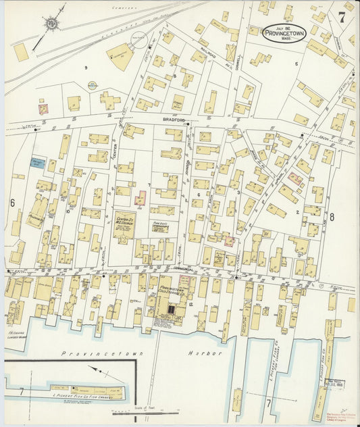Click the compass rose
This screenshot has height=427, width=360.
pyautogui.click(x=50, y=25)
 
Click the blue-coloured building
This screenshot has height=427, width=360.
pyautogui.click(x=38, y=162)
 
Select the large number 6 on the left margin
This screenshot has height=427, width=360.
pyautogui.click(x=12, y=203)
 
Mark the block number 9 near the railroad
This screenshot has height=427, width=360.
pyautogui.click(x=86, y=68)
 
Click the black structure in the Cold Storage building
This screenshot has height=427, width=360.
pyautogui.click(x=170, y=310)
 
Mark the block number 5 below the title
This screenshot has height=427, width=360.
pyautogui.click(x=296, y=64)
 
